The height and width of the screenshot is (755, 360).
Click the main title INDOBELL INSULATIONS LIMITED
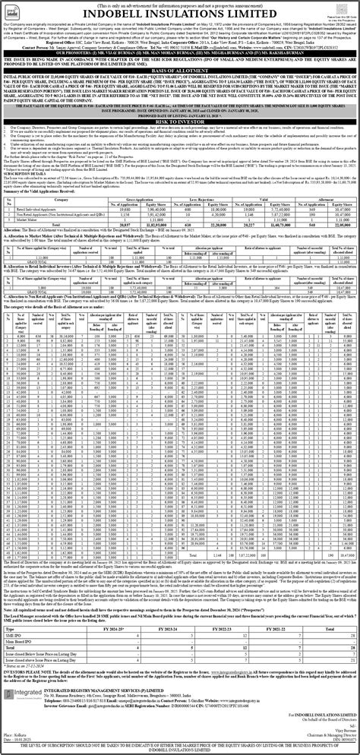pos(180,12)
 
